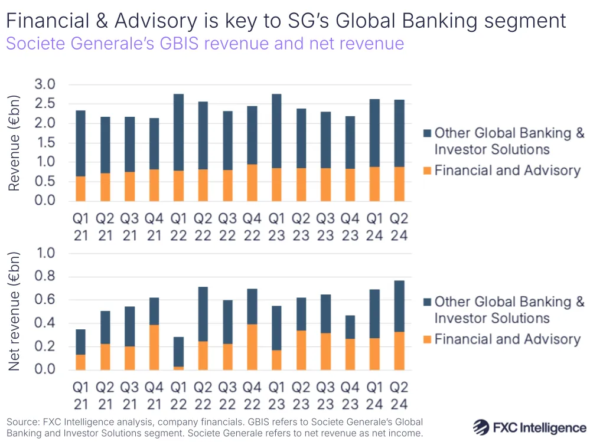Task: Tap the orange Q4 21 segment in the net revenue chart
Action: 154,348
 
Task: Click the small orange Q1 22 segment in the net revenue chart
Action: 178,368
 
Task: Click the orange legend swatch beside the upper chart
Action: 427,171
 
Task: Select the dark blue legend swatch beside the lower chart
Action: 427,302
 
